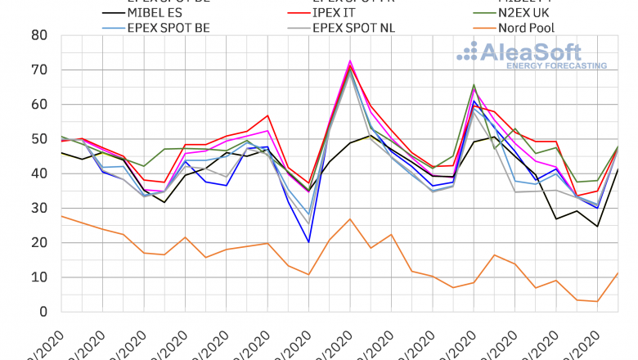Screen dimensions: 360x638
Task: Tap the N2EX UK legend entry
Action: [x=536, y=13]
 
